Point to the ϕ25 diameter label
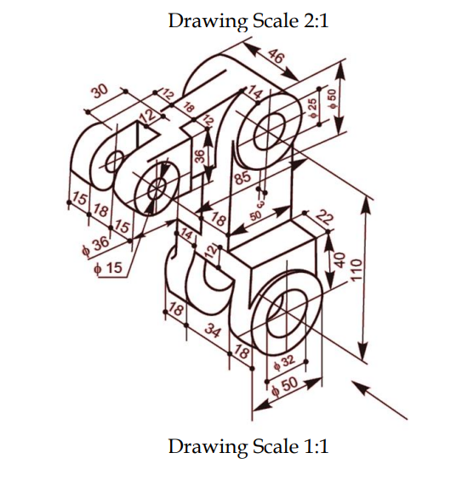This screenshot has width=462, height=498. pos(312,108)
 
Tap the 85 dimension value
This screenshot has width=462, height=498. pos(242,178)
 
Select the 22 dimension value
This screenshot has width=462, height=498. pos(323,218)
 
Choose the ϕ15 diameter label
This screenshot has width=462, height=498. pos(107,268)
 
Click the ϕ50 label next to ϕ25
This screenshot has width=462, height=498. pos(334,96)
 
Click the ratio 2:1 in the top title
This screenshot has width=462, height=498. pos(310,20)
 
